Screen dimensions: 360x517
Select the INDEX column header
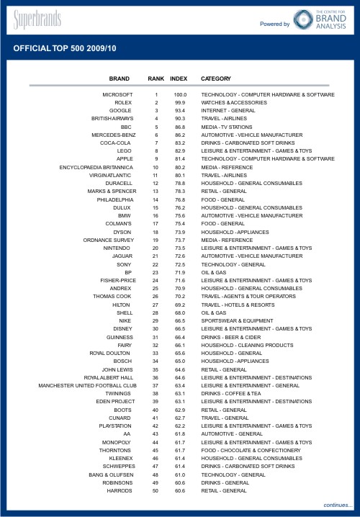(179, 78)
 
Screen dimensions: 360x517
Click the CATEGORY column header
(216, 78)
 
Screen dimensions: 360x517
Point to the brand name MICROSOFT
(118, 94)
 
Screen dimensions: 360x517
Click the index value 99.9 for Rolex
(180, 103)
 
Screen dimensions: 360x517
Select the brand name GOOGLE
(121, 110)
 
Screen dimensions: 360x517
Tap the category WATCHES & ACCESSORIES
(234, 103)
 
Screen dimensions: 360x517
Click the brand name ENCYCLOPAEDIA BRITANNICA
(96, 167)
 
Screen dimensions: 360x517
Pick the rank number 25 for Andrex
(156, 288)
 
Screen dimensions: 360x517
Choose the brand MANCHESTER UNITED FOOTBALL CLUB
(87, 385)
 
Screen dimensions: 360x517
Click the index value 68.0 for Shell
(180, 313)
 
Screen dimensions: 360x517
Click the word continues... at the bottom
(338, 505)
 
